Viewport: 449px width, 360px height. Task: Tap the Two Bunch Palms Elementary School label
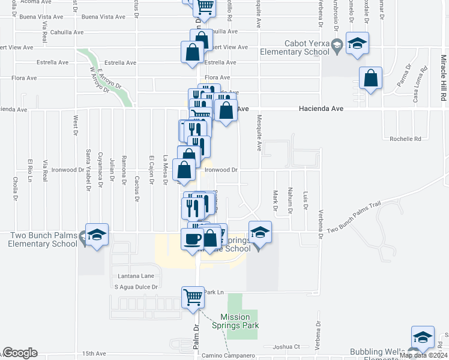pyautogui.click(x=43, y=239)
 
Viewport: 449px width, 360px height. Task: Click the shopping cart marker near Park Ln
pyautogui.click(x=193, y=297)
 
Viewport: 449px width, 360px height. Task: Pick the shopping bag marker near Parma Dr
pyautogui.click(x=371, y=79)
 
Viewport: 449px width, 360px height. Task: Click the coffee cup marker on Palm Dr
pyautogui.click(x=193, y=239)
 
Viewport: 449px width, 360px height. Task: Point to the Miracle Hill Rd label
pyautogui.click(x=443, y=79)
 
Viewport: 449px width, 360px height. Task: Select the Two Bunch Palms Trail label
pyautogui.click(x=354, y=225)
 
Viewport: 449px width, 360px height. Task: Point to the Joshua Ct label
pyautogui.click(x=286, y=346)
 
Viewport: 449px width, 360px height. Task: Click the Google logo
pyautogui.click(x=20, y=353)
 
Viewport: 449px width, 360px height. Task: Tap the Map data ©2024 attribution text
pyautogui.click(x=424, y=355)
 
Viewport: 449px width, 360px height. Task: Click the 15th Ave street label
pyautogui.click(x=94, y=354)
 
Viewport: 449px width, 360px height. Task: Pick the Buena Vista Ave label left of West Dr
pyautogui.click(x=35, y=17)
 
